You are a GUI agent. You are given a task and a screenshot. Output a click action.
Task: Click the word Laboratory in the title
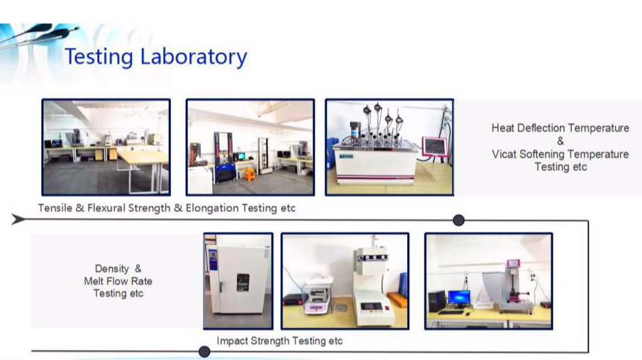pos(193,56)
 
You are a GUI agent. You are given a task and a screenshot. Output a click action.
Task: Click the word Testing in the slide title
pos(99,57)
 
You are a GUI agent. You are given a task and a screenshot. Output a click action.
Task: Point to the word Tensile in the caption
pos(55,208)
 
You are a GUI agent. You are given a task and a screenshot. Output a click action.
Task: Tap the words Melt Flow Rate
pos(118,281)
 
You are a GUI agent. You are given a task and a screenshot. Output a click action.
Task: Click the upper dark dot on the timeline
pos(459,220)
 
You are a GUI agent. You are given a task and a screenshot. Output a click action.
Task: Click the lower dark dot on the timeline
pos(204,351)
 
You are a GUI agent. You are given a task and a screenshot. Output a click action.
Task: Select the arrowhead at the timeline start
pos(18,219)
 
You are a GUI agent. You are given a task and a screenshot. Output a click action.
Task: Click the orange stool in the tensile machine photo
pos(250,174)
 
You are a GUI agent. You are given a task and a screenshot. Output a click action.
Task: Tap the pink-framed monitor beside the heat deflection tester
pos(435,146)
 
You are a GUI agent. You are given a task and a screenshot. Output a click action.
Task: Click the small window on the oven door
pos(243,282)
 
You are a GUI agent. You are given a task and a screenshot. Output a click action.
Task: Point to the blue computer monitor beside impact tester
pos(459,298)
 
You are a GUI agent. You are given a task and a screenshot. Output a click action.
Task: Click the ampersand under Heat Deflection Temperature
pos(561,141)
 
